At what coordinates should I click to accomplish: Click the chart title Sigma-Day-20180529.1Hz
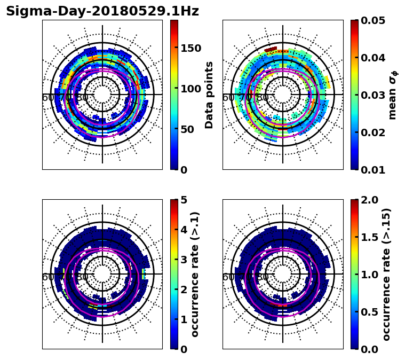point(102,12)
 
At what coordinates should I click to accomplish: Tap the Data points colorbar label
point(209,95)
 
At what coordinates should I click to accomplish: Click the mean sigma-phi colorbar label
point(392,95)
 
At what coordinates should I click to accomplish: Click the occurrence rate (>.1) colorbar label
point(195,274)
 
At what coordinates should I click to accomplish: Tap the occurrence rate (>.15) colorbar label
point(386,274)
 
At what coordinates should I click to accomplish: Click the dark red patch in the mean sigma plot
point(271,49)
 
